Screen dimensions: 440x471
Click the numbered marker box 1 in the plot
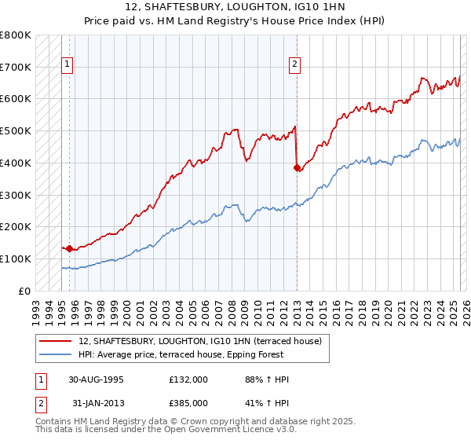[68, 65]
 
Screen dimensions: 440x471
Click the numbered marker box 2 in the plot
[295, 65]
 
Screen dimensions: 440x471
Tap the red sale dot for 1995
[69, 248]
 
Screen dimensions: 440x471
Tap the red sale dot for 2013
[297, 167]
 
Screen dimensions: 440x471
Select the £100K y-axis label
[16, 258]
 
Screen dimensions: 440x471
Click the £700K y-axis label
[16, 67]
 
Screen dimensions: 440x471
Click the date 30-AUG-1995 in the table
[97, 379]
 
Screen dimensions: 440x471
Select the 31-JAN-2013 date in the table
[97, 404]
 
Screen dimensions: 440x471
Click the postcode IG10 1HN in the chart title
[318, 8]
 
